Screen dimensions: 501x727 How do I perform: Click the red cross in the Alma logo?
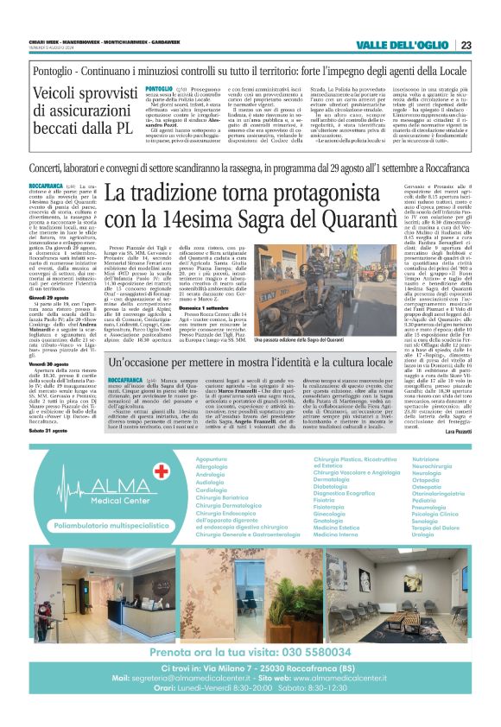159,471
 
